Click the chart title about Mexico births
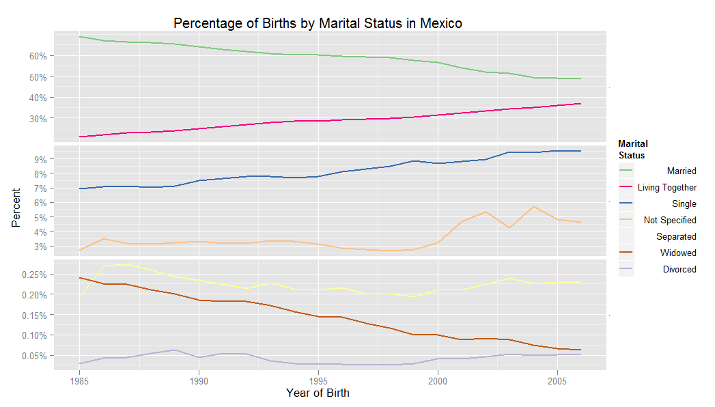pyautogui.click(x=318, y=23)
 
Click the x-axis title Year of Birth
pyautogui.click(x=318, y=393)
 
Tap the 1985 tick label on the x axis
pyautogui.click(x=80, y=379)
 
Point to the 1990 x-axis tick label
pyautogui.click(x=199, y=379)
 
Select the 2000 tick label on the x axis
pyautogui.click(x=438, y=379)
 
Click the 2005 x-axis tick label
pyautogui.click(x=557, y=379)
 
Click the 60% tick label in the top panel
pyautogui.click(x=38, y=56)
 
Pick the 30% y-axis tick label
pyautogui.click(x=38, y=118)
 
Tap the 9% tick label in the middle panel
pyautogui.click(x=41, y=159)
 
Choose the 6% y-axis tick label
pyautogui.click(x=41, y=203)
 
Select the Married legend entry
pyautogui.click(x=682, y=171)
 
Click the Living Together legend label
pyautogui.click(x=667, y=187)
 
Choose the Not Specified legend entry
pyautogui.click(x=669, y=220)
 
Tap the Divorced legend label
pyautogui.click(x=679, y=269)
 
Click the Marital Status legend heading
pyautogui.click(x=632, y=150)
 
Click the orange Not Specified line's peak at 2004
pyautogui.click(x=533, y=206)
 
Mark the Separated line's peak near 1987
pyautogui.click(x=127, y=265)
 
